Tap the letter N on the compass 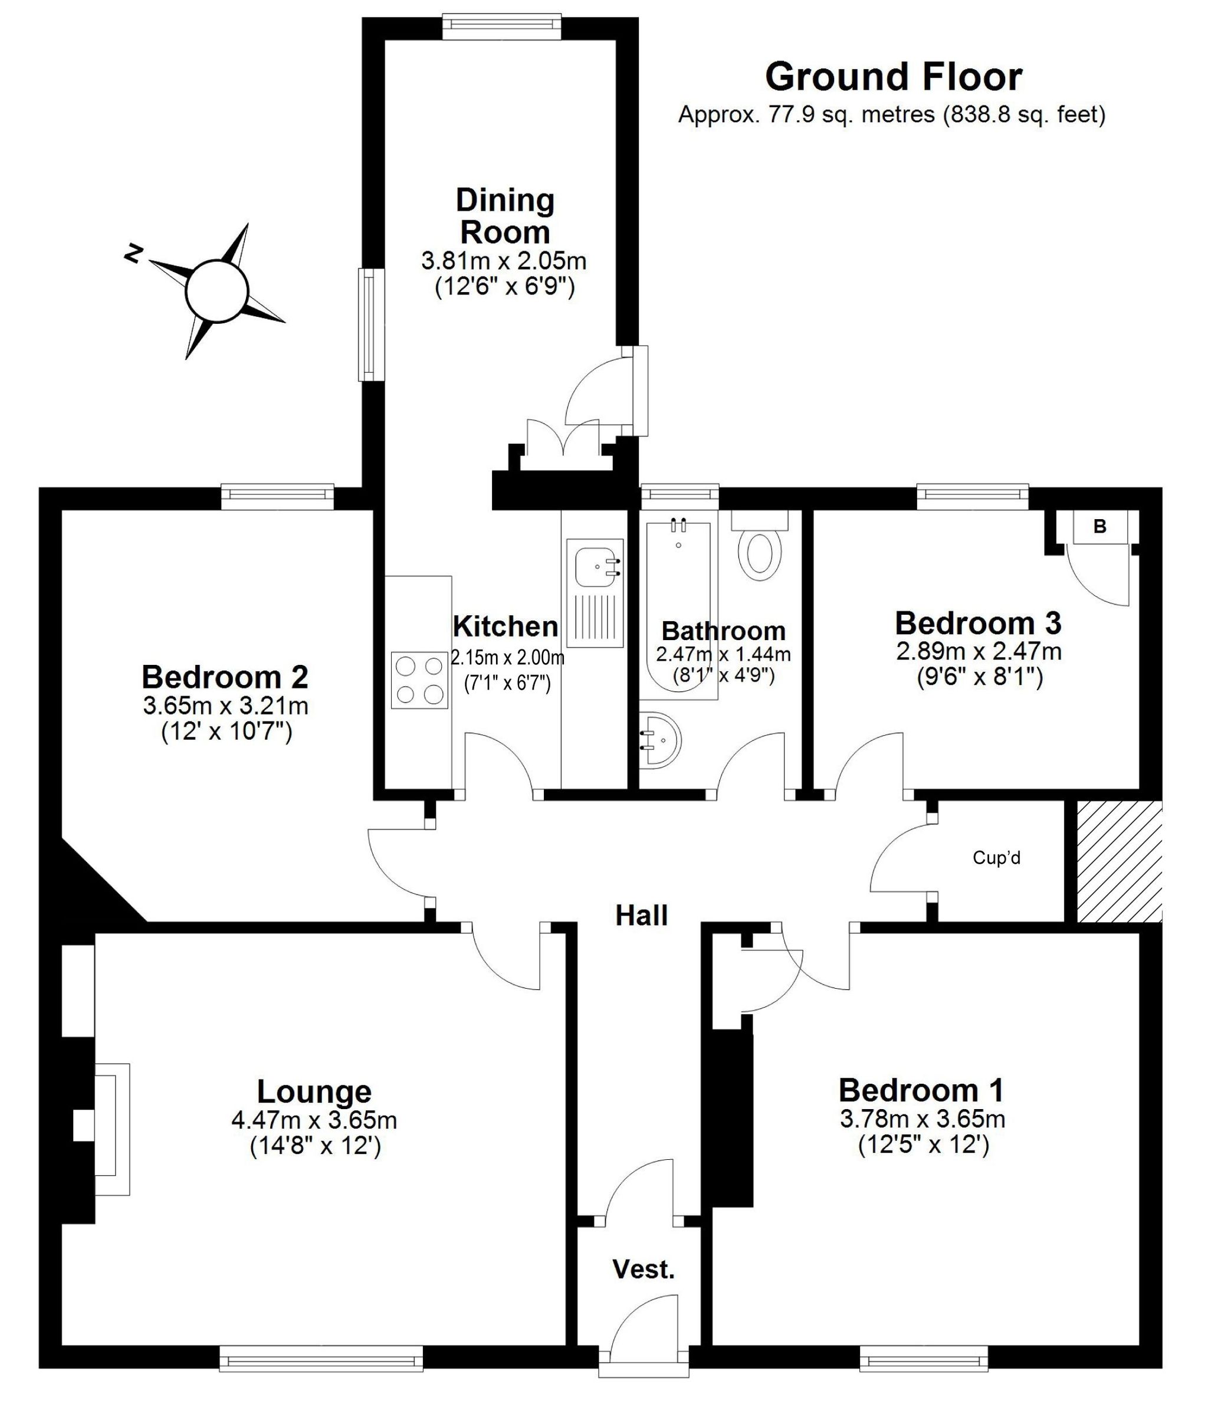click(x=134, y=253)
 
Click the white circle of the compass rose click(x=216, y=290)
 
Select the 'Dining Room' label click(x=504, y=216)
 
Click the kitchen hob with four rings click(x=419, y=680)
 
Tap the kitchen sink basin click(x=597, y=563)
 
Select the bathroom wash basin click(x=659, y=740)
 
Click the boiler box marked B click(x=1099, y=526)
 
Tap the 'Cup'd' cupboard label click(x=996, y=858)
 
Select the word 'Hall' click(x=641, y=916)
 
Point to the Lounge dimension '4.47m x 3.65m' click(x=314, y=1120)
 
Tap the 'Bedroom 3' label click(x=978, y=623)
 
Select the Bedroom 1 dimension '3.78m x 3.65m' click(x=922, y=1119)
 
